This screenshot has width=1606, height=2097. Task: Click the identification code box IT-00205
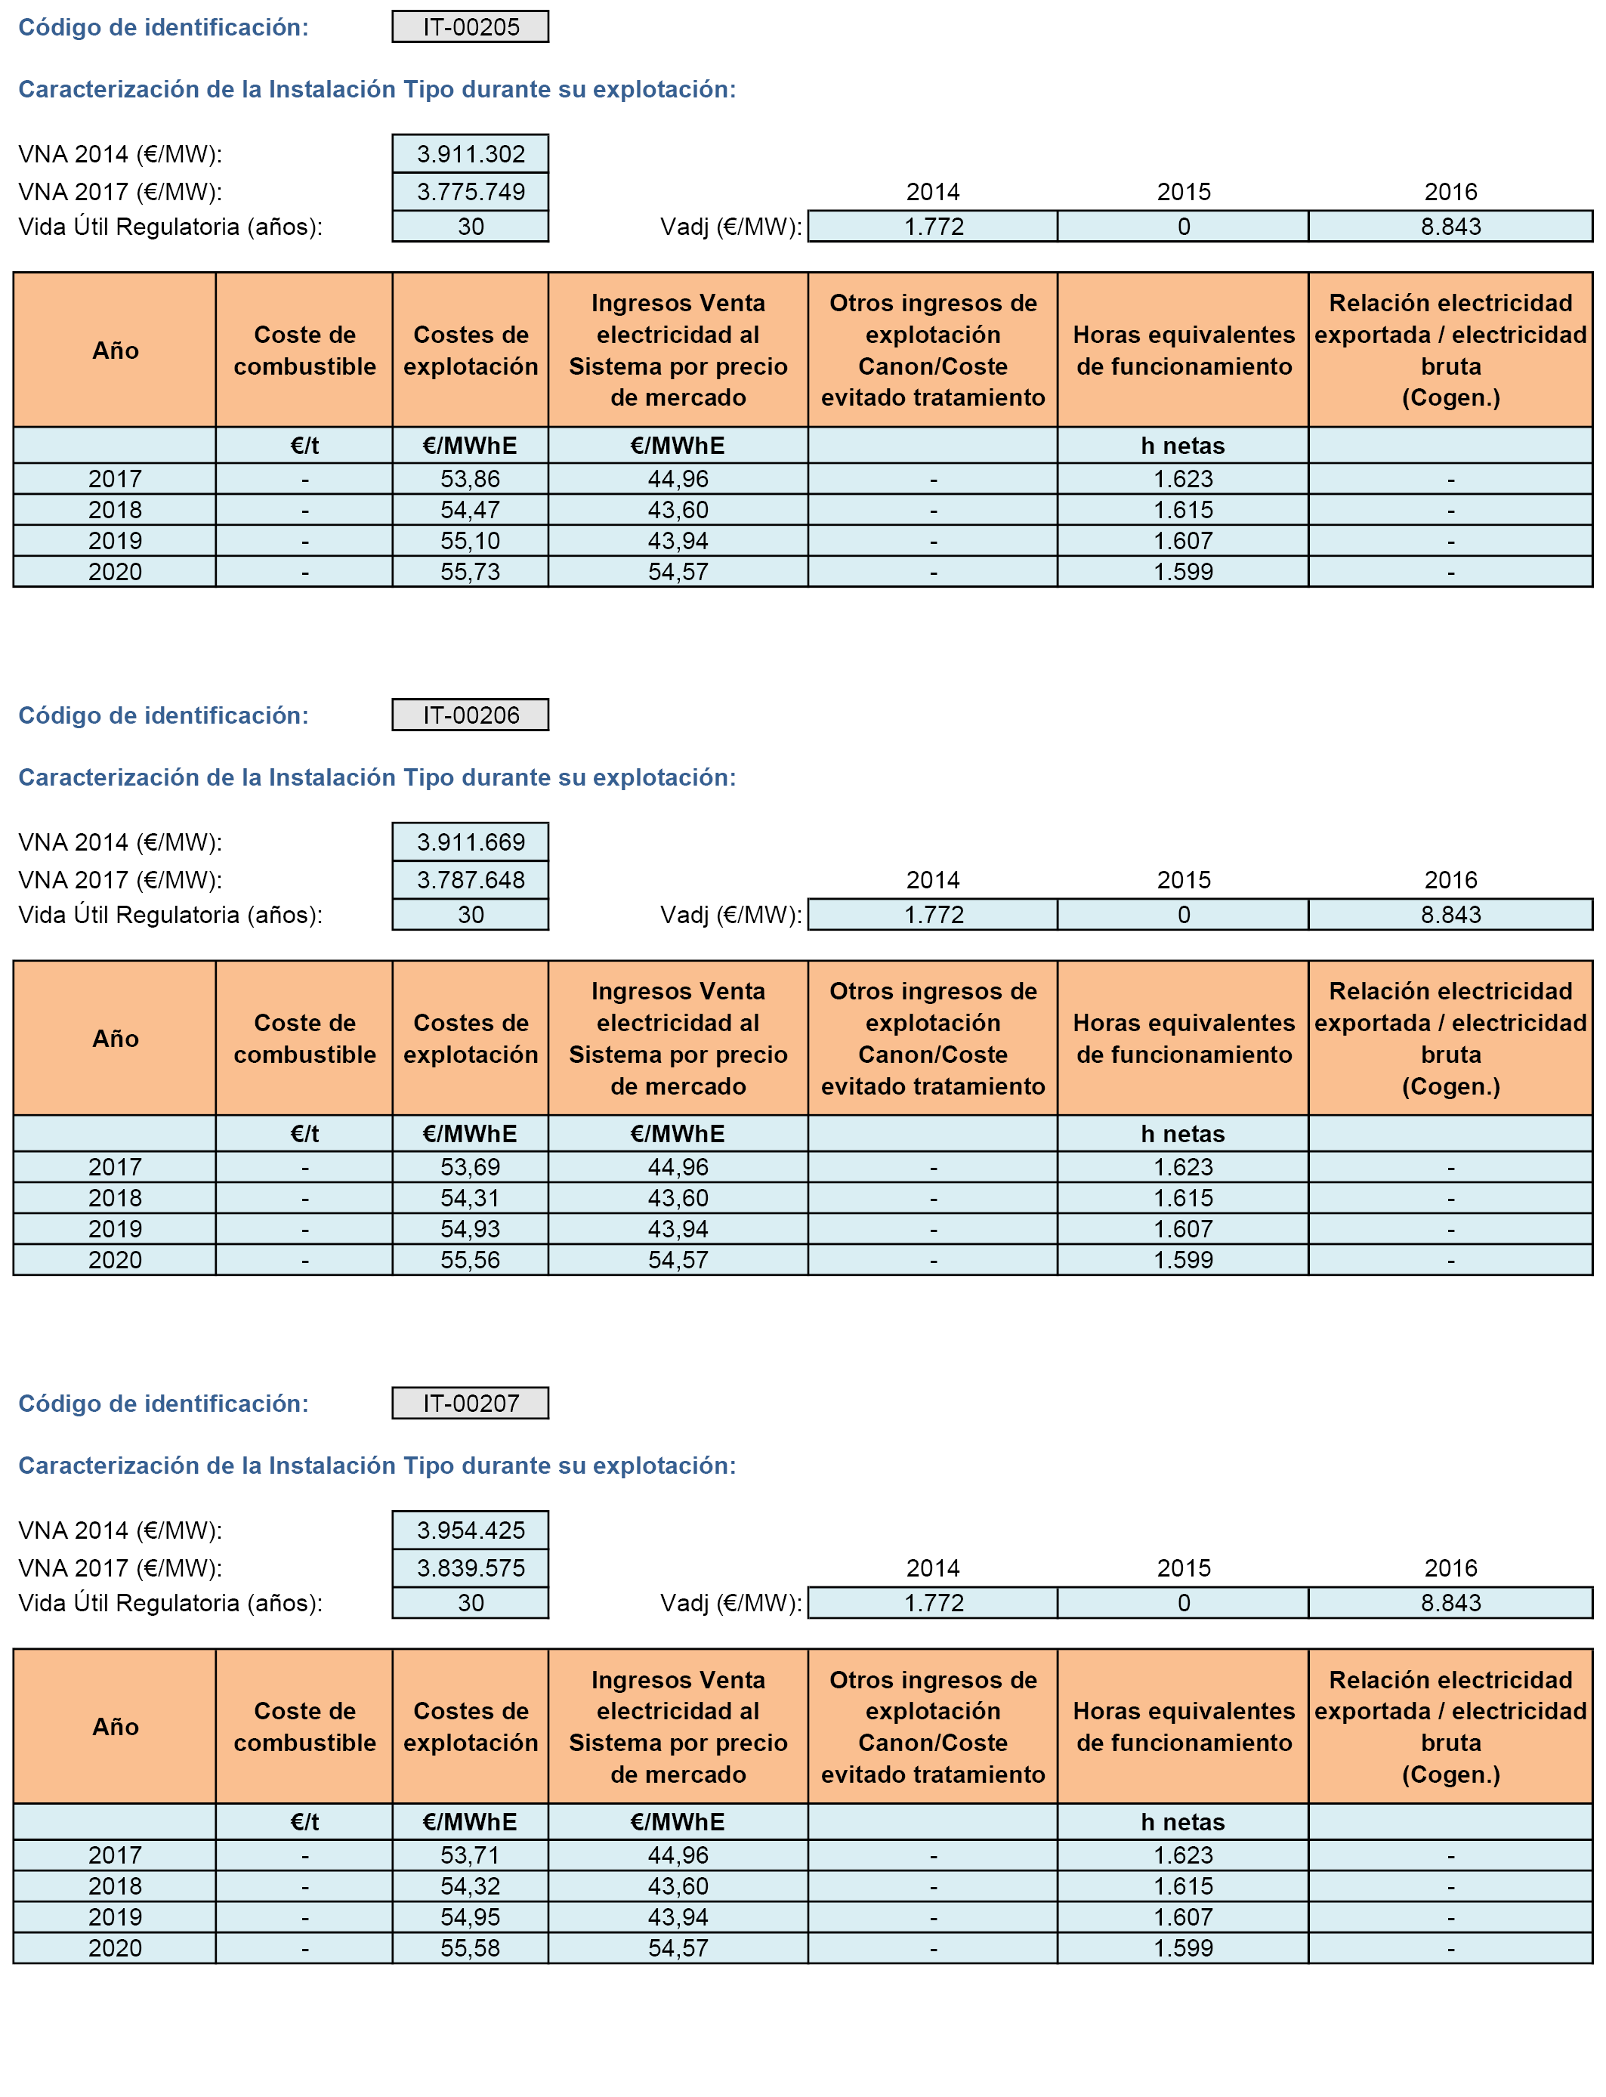471,26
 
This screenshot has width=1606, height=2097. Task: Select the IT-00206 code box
471,715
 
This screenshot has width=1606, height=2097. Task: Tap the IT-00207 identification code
471,1403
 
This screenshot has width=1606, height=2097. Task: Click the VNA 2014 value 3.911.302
471,154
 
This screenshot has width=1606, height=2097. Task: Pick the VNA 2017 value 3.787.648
471,880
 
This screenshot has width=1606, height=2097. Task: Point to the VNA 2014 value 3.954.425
471,1530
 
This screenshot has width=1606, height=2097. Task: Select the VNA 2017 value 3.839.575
471,1568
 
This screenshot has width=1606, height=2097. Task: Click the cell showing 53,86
471,479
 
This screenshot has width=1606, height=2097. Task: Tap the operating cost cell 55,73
471,572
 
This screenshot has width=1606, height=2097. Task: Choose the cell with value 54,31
471,1197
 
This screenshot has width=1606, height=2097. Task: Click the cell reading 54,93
471,1229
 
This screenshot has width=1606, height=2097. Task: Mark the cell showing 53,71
471,1855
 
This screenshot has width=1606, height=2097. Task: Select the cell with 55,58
471,1948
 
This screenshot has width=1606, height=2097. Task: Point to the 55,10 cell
471,541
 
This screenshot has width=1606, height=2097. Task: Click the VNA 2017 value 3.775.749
471,192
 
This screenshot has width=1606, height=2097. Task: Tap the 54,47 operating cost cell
471,509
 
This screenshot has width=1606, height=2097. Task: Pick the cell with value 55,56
471,1260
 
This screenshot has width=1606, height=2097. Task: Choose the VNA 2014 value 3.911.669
471,842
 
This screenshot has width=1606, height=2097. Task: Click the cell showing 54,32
471,1885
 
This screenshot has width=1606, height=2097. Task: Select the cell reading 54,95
471,1917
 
